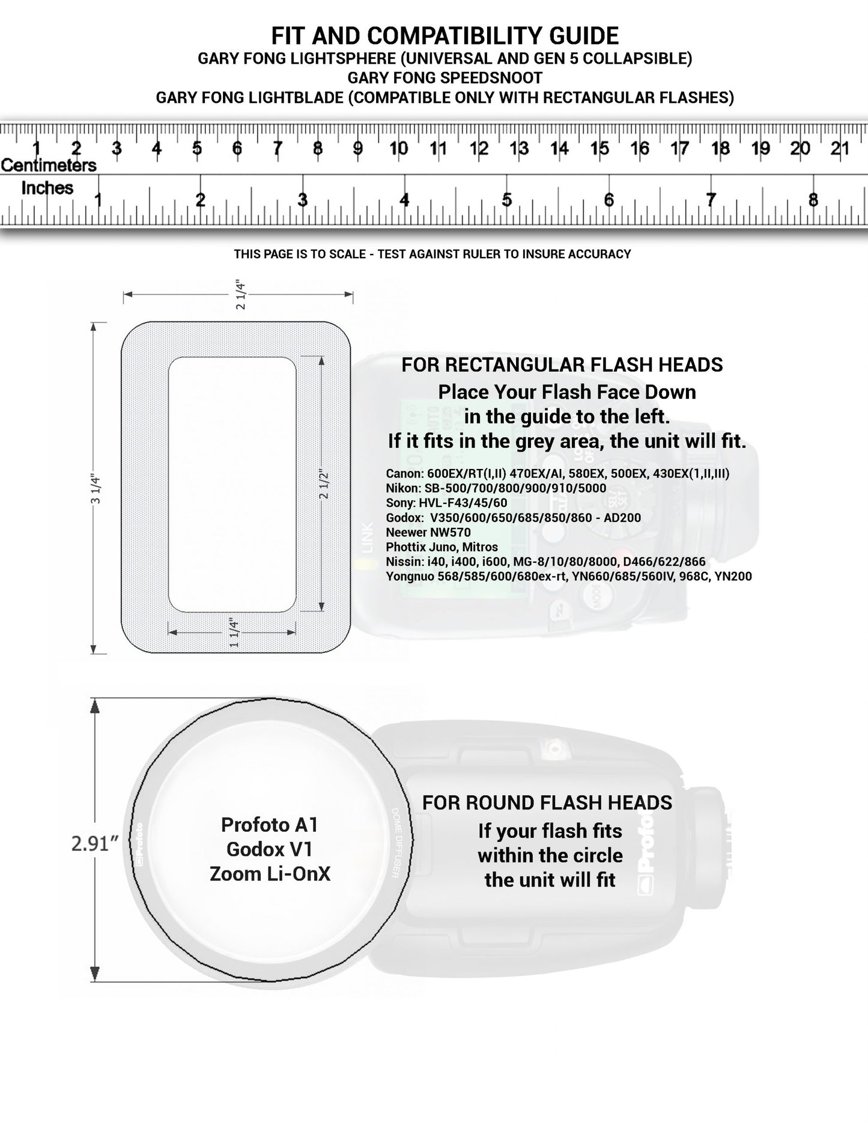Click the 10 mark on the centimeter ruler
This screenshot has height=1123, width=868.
[398, 148]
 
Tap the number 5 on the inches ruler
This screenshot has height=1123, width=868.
[507, 199]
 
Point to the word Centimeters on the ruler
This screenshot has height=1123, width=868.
[49, 165]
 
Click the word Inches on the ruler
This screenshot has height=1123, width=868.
[47, 188]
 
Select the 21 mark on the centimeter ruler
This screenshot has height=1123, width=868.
[839, 148]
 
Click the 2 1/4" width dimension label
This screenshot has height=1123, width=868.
[240, 294]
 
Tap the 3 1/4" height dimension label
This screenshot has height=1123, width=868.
[94, 489]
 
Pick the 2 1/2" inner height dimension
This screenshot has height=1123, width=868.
[324, 484]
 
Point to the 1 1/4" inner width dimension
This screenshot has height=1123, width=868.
[234, 632]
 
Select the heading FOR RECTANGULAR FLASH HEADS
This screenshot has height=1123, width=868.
[562, 365]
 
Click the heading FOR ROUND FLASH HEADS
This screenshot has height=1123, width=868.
[547, 803]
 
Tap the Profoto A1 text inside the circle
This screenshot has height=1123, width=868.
[269, 825]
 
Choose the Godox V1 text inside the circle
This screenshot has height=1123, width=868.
[269, 849]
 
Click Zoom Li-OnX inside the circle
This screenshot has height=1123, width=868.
[270, 874]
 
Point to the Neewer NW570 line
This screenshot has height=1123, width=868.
[428, 532]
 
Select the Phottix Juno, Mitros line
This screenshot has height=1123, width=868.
[442, 547]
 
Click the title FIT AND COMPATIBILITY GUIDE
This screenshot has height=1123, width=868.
[445, 36]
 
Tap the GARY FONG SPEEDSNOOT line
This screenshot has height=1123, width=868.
[445, 78]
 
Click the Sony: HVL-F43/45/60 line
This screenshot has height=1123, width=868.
[446, 503]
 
